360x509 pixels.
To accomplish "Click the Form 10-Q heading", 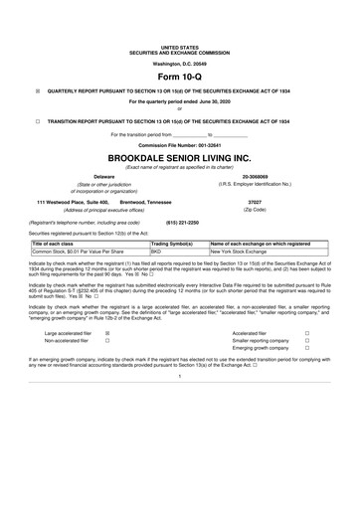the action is tap(180, 76).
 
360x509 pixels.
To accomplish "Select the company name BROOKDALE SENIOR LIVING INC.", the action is tap(180, 157).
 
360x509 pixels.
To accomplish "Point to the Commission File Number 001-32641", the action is tap(180, 145).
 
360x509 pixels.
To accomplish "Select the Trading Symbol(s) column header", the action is tap(171, 244).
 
